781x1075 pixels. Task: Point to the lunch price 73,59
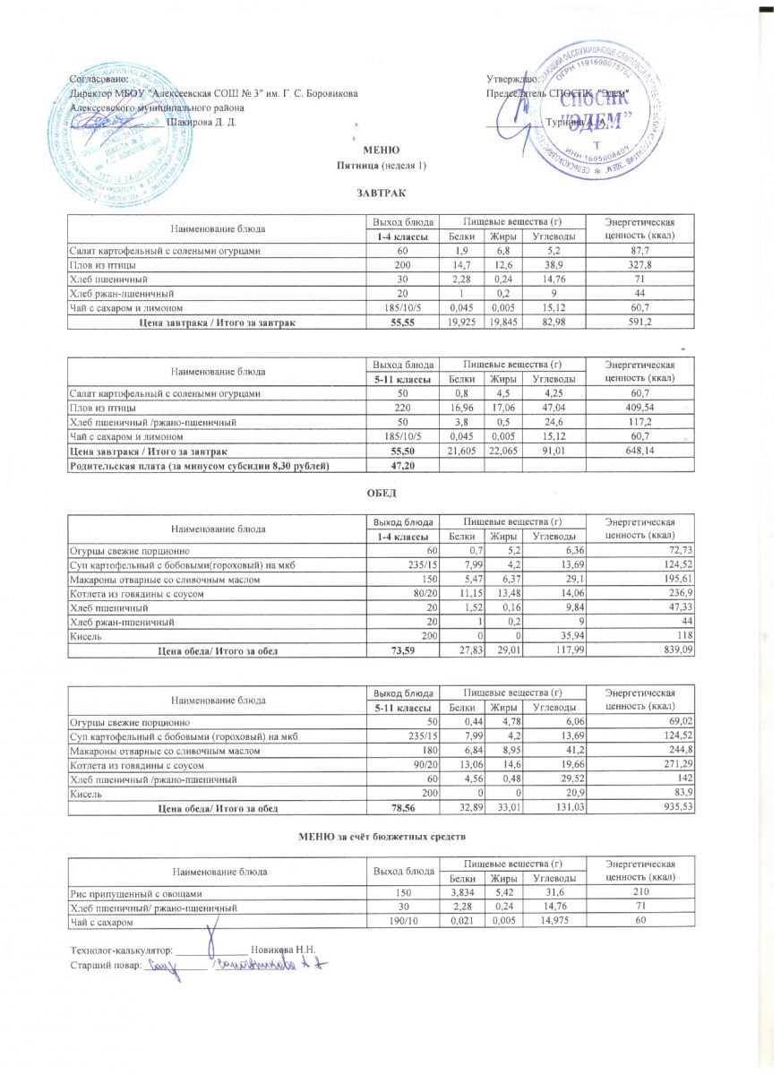[405, 650]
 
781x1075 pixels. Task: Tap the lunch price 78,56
[405, 808]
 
